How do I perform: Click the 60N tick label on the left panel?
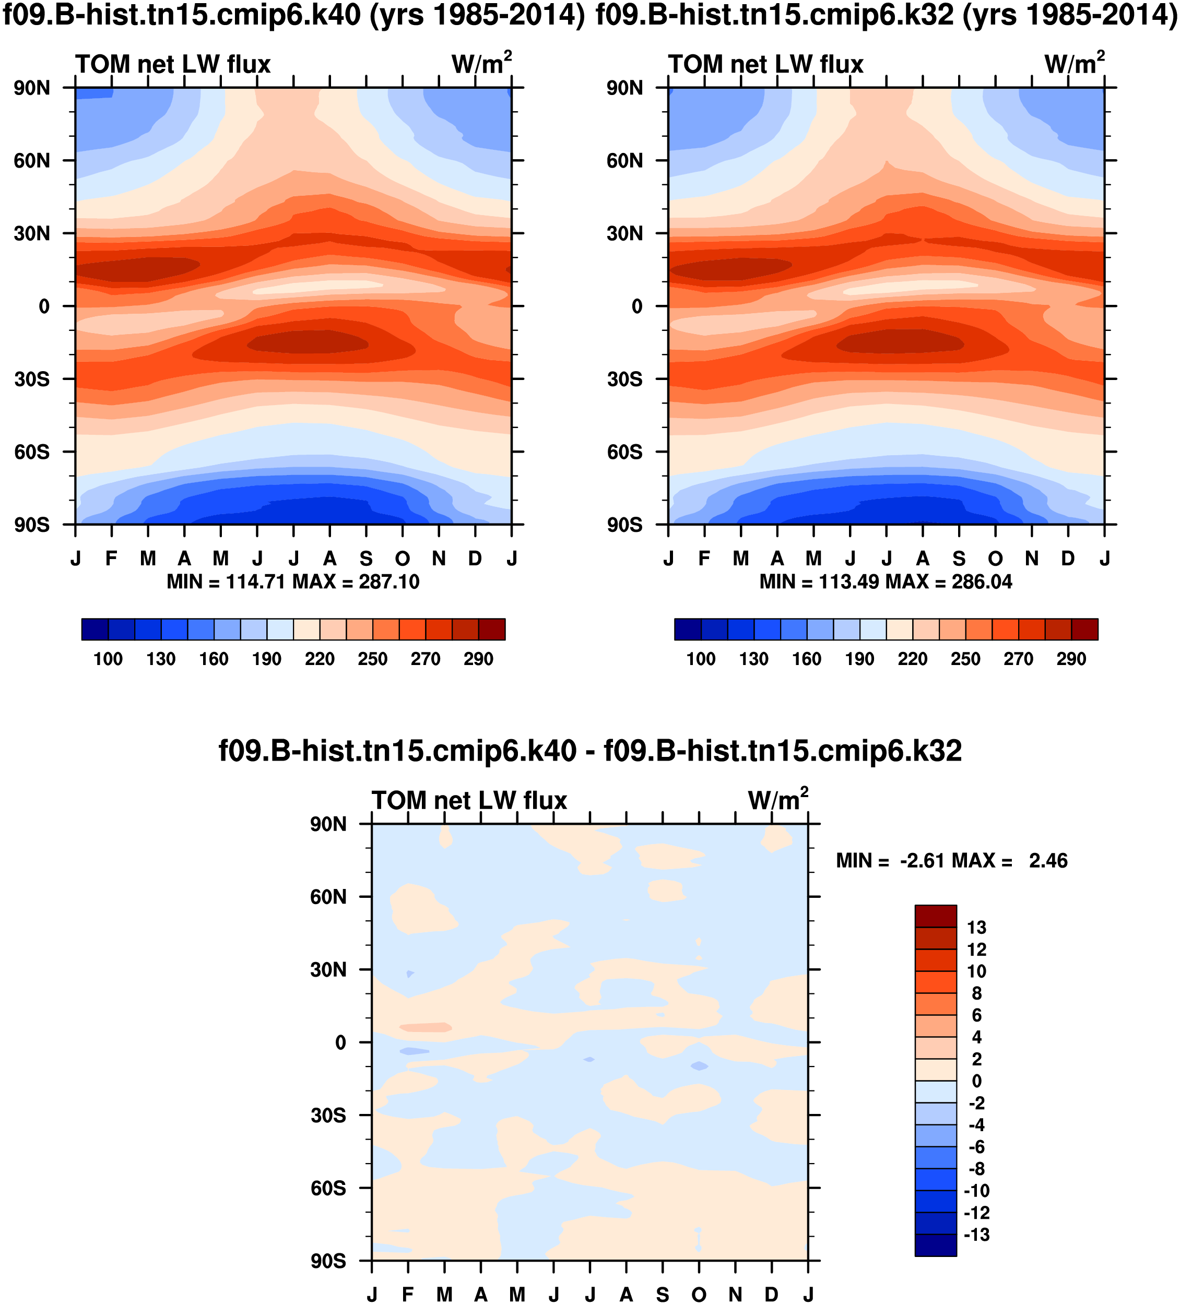[x=32, y=161]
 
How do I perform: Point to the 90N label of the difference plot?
[x=328, y=825]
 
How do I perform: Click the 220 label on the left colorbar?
[x=320, y=659]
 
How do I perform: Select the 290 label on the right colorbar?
[x=1071, y=659]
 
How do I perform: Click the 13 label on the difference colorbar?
[x=976, y=928]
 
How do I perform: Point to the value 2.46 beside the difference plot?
[x=1048, y=861]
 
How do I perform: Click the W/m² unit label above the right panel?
[x=1075, y=64]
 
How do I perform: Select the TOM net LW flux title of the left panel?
[x=173, y=65]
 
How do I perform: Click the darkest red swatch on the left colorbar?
[x=491, y=629]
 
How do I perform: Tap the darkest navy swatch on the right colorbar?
[x=688, y=629]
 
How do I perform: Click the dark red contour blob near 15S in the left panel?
[x=308, y=342]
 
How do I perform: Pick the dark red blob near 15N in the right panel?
[x=728, y=269]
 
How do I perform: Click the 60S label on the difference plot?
[x=328, y=1189]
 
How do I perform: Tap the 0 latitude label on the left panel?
[x=44, y=306]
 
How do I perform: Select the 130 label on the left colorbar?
[x=161, y=659]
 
